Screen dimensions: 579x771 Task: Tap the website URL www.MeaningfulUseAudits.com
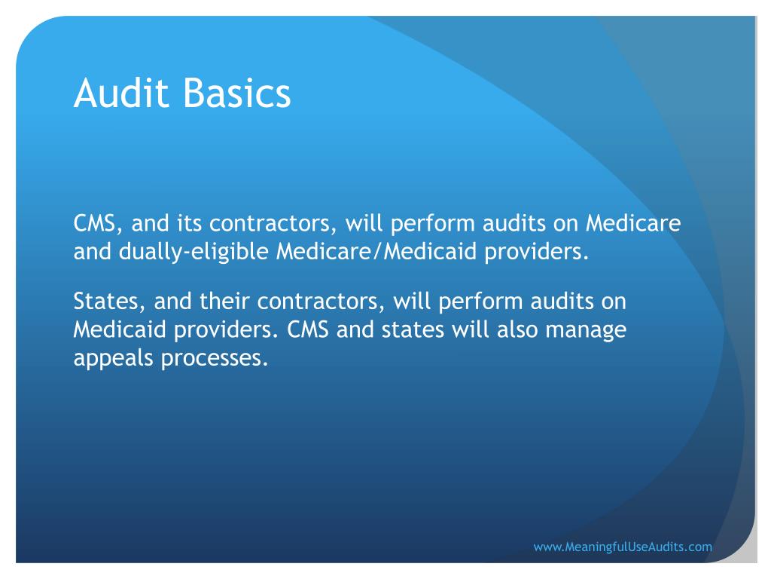(x=622, y=547)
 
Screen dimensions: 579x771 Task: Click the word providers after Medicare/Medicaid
(x=536, y=252)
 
